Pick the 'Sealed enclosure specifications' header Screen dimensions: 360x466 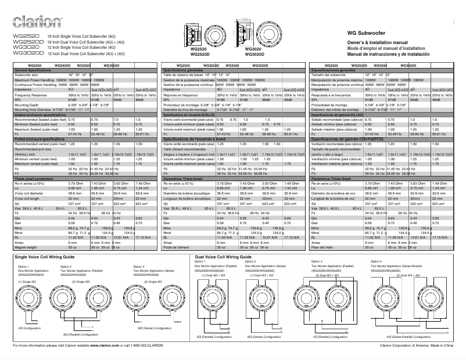coord(40,116)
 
